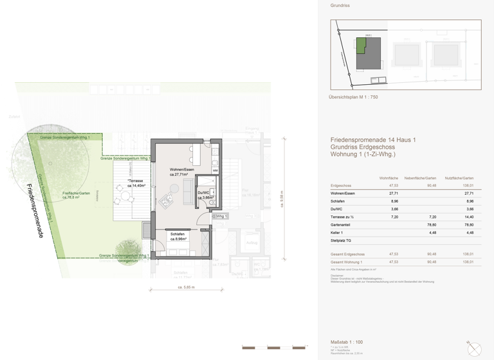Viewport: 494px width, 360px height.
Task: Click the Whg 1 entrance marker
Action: [221, 217]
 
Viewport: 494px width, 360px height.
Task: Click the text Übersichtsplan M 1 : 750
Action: [353, 96]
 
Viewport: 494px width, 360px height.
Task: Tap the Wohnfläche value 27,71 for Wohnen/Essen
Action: [393, 193]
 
